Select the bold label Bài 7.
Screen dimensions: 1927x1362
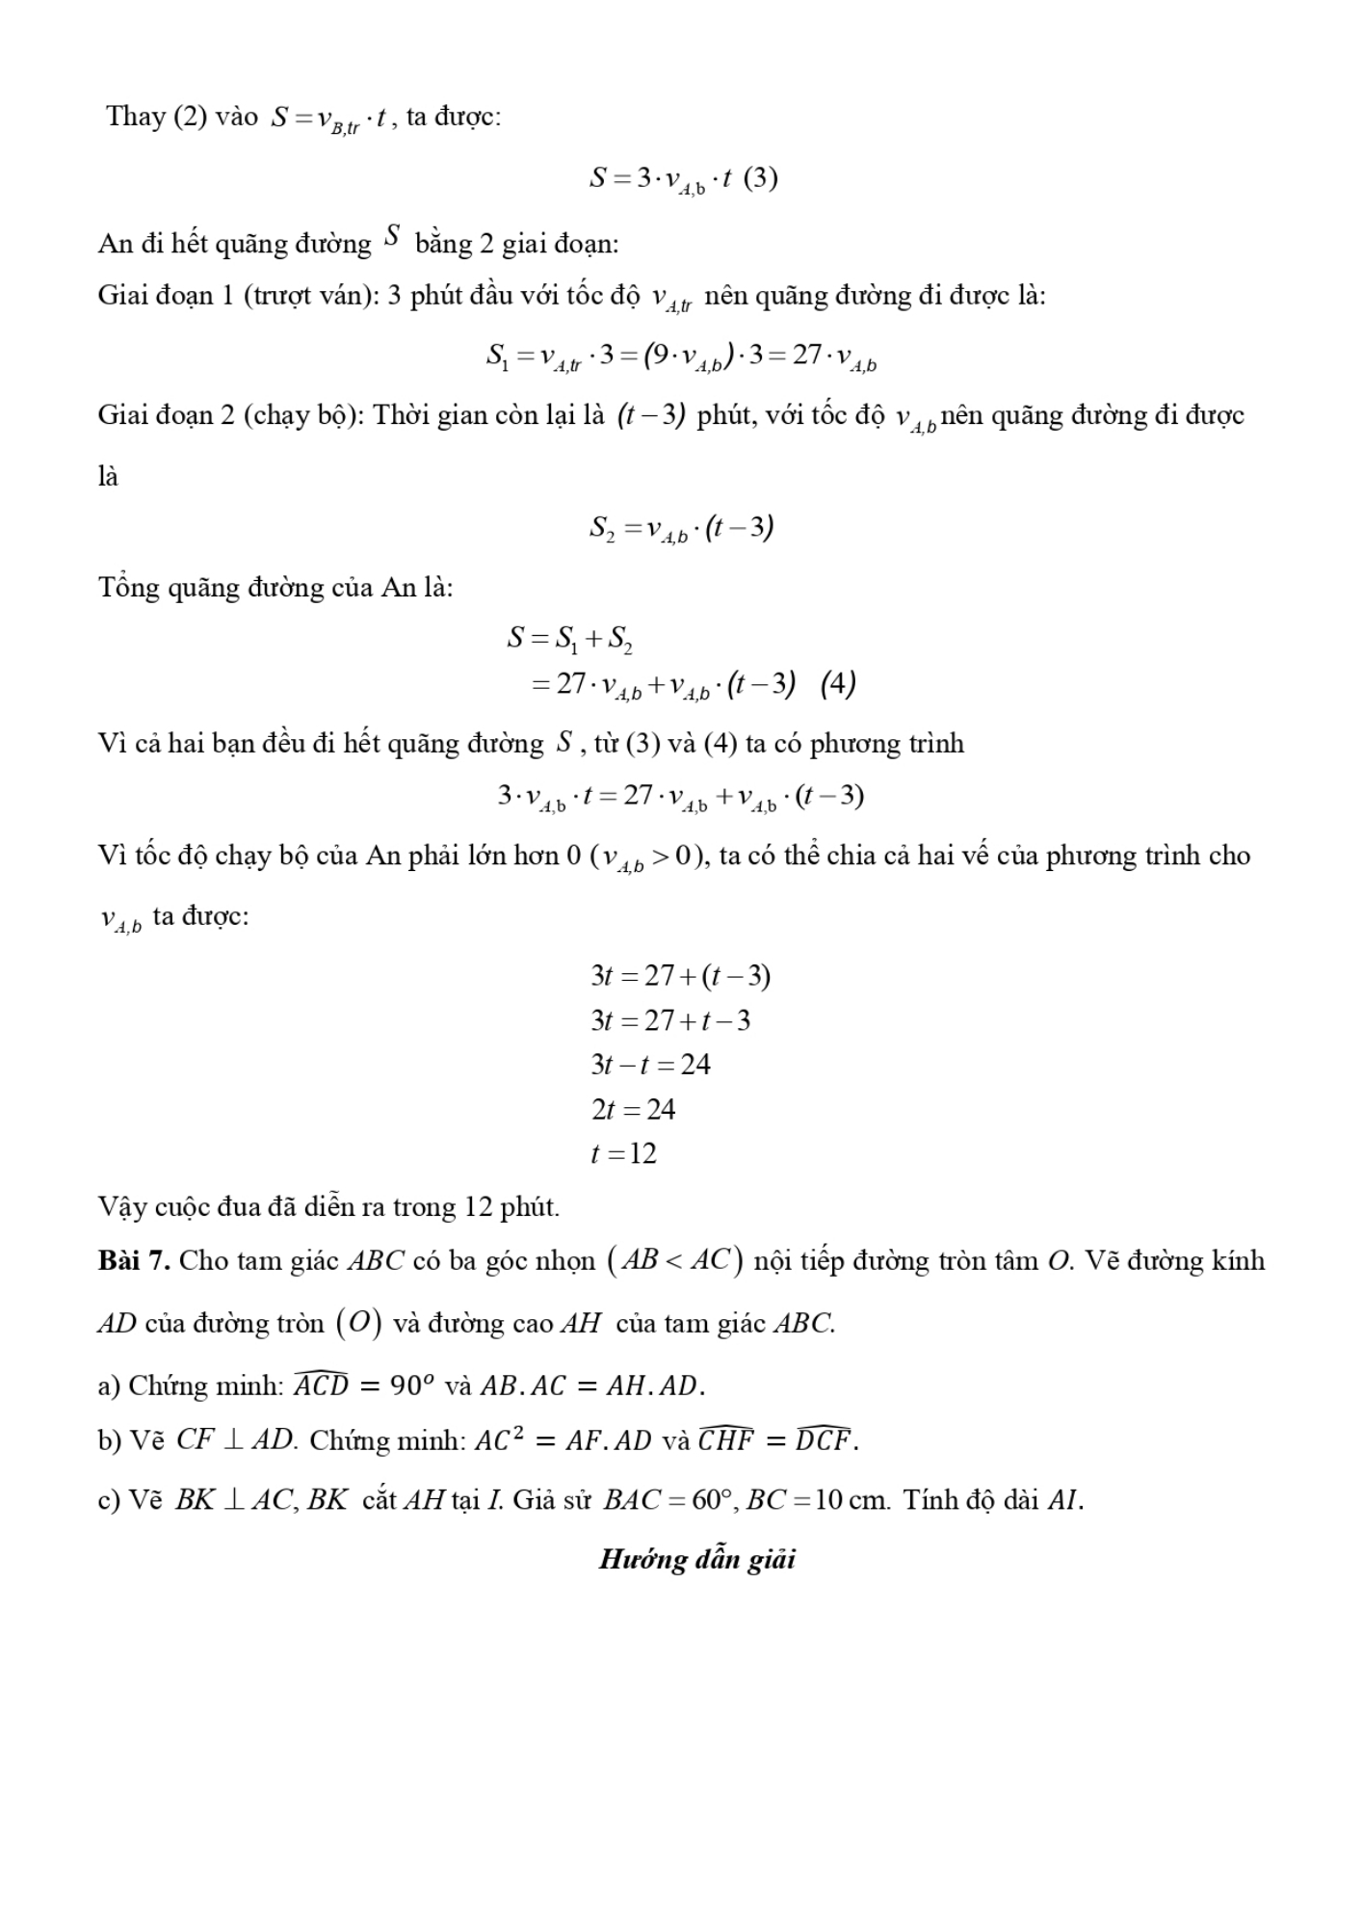(134, 1260)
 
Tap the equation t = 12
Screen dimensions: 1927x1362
(623, 1153)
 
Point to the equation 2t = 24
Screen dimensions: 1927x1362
(633, 1109)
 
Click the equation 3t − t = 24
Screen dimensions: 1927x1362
(650, 1065)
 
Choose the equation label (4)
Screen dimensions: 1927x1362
(838, 684)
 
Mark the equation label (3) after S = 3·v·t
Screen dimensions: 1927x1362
(761, 178)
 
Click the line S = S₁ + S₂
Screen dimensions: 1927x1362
(569, 639)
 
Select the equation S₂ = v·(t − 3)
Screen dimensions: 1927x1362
(682, 528)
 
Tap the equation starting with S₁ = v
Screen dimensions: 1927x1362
(681, 357)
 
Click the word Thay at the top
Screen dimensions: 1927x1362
(135, 117)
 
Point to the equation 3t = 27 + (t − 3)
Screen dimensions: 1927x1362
(681, 976)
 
